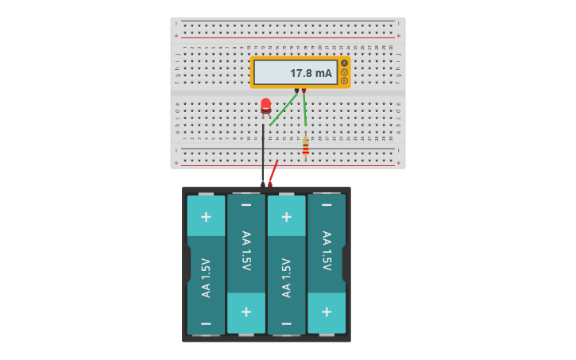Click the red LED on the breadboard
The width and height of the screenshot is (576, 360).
click(x=265, y=105)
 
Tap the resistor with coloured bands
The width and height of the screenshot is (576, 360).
click(x=306, y=146)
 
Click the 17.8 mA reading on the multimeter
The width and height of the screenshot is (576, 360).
click(x=311, y=73)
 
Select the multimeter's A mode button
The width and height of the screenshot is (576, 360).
click(x=344, y=64)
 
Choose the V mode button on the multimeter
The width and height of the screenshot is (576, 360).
click(x=344, y=72)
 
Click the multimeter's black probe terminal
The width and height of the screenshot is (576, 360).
click(x=297, y=90)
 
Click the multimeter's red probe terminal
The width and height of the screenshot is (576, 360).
click(x=303, y=90)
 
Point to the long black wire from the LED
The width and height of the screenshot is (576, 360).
click(x=263, y=155)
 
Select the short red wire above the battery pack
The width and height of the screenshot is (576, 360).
click(x=273, y=172)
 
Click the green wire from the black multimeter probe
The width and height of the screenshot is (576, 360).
click(x=284, y=109)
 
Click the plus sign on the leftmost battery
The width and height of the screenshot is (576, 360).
click(x=206, y=216)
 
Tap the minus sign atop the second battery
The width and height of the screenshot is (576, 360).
click(x=246, y=205)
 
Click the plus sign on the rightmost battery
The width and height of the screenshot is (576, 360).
click(x=327, y=312)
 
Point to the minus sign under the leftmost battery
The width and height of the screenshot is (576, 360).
click(x=206, y=323)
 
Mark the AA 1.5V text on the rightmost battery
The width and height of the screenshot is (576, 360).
click(x=327, y=251)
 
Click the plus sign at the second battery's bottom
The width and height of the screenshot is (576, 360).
click(x=246, y=312)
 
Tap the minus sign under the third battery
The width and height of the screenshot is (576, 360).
click(x=286, y=323)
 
